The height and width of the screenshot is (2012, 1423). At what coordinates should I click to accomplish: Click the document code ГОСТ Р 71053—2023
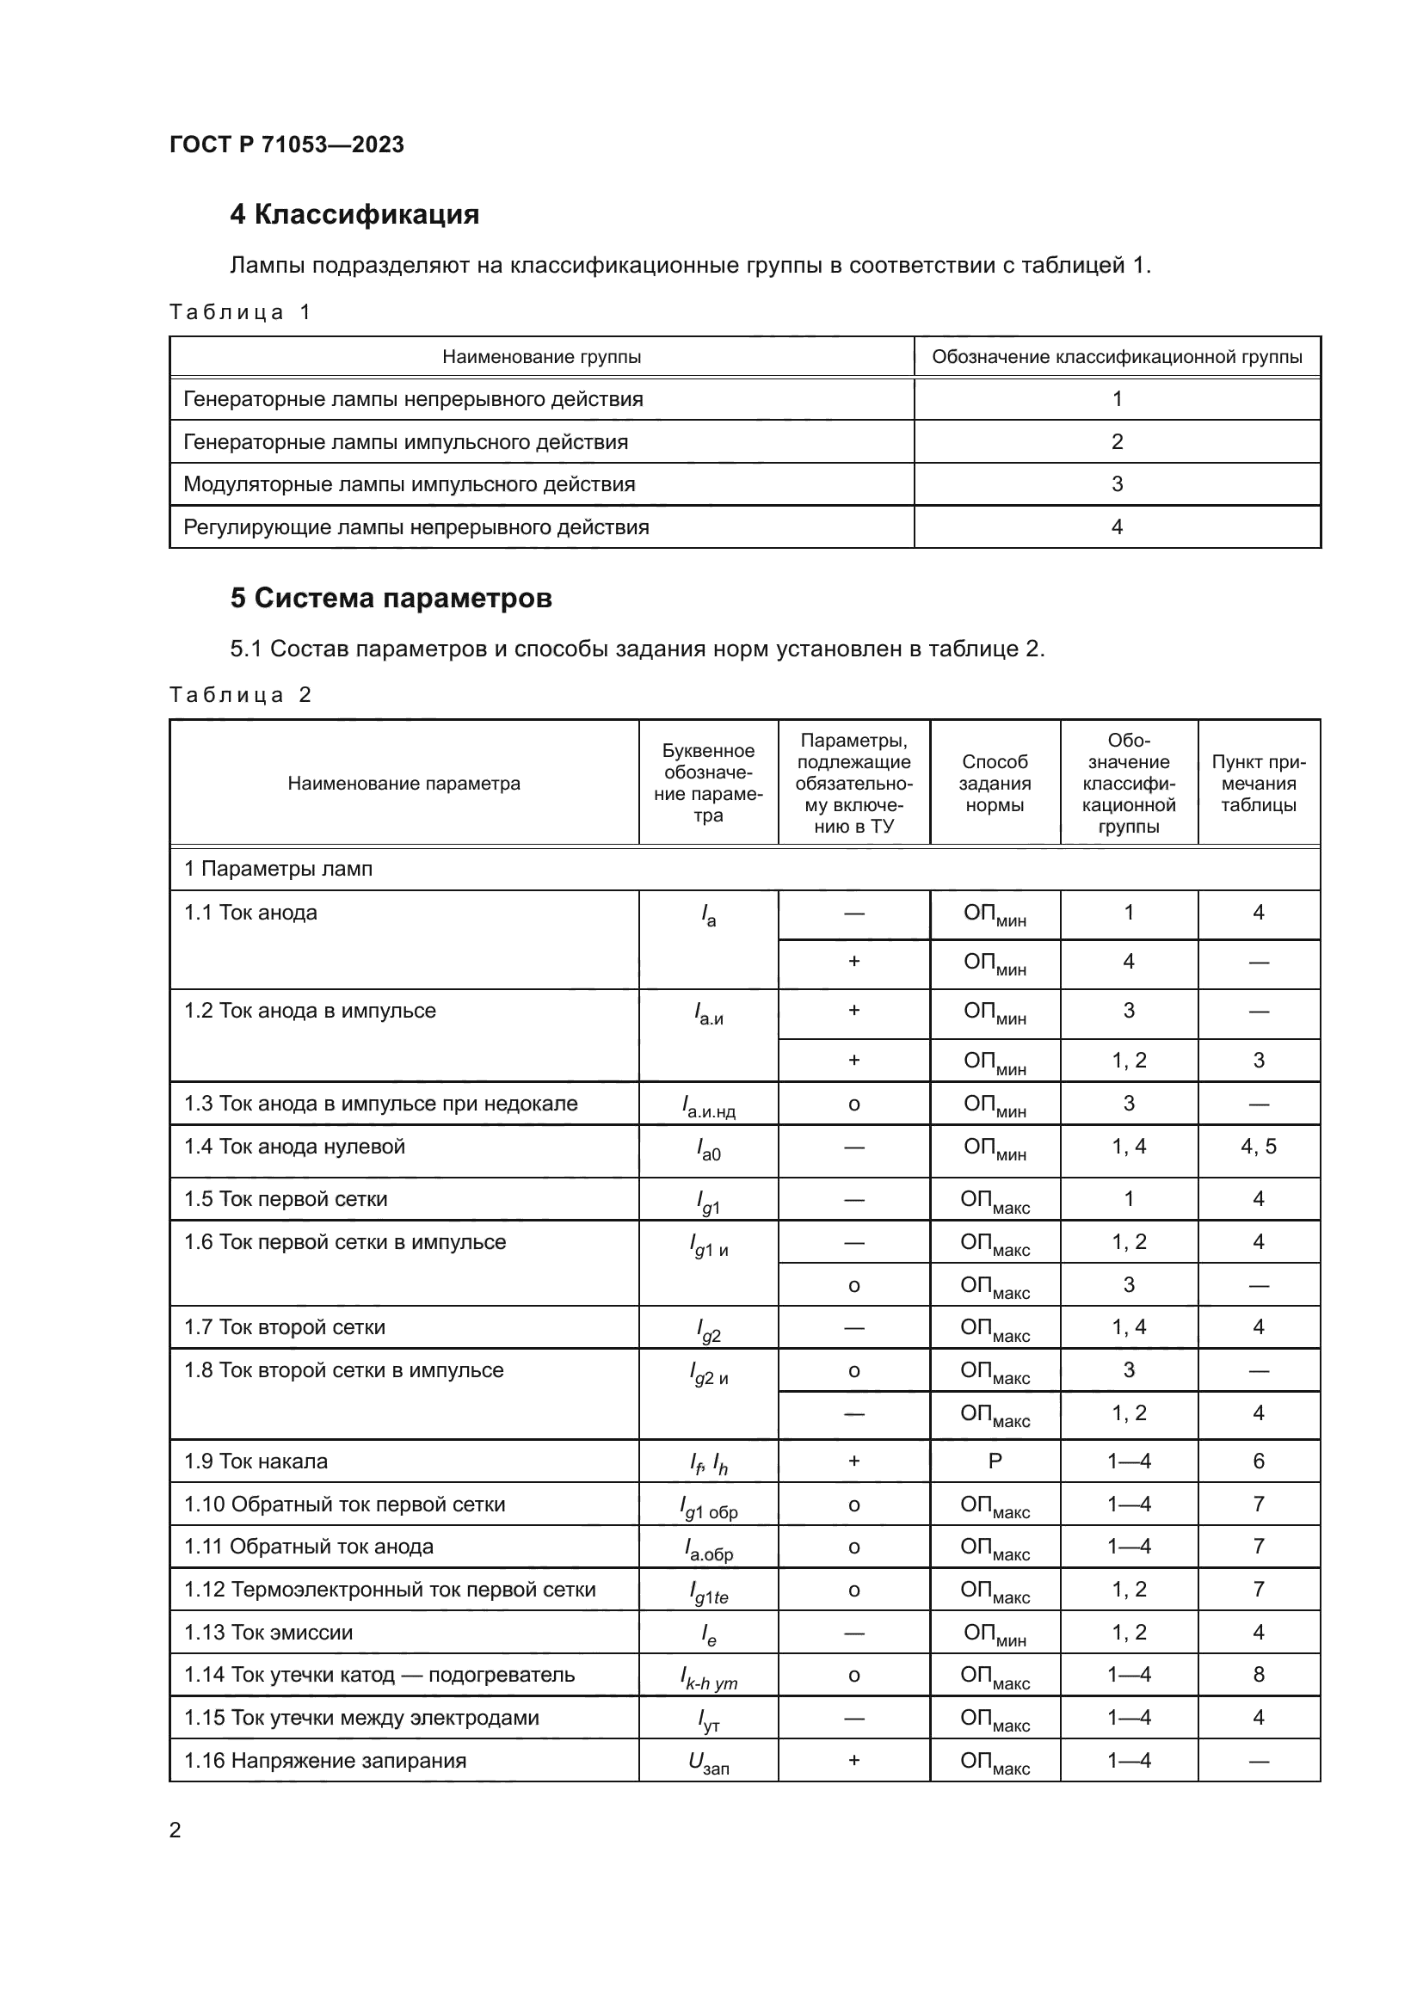click(286, 145)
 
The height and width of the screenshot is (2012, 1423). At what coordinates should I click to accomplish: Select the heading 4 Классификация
click(354, 215)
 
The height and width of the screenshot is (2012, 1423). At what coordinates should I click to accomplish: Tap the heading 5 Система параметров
click(391, 599)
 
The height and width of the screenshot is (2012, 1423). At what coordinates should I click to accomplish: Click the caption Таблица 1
click(239, 313)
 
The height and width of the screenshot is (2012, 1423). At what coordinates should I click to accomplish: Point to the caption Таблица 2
click(239, 695)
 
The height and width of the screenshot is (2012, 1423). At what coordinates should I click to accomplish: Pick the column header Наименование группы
click(540, 357)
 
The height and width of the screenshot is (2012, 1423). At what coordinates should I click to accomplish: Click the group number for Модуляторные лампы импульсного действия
click(1117, 484)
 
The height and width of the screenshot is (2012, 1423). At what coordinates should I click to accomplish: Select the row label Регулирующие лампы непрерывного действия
click(416, 527)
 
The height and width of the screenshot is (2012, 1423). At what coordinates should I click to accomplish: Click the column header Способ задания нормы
click(995, 784)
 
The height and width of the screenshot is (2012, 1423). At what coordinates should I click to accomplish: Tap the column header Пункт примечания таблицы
click(1259, 784)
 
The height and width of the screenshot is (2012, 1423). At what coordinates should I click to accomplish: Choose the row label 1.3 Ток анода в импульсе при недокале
click(380, 1104)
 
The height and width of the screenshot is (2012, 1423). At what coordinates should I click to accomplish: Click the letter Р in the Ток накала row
click(995, 1461)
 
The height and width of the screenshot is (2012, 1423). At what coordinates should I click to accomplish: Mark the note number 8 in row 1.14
click(1259, 1675)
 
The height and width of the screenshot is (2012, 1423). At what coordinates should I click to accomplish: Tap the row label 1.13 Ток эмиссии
click(268, 1633)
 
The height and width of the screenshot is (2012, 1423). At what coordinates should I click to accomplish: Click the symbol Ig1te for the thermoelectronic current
click(708, 1592)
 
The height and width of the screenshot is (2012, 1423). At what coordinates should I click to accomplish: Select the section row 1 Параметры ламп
click(278, 870)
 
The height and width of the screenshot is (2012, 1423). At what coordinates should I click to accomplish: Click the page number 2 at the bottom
click(176, 1830)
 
